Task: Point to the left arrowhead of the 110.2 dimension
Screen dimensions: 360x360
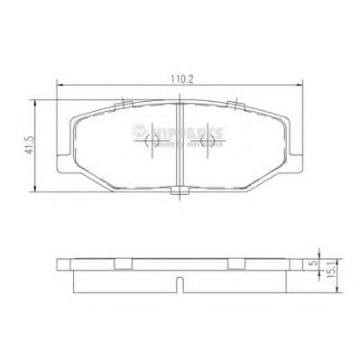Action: coord(60,86)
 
